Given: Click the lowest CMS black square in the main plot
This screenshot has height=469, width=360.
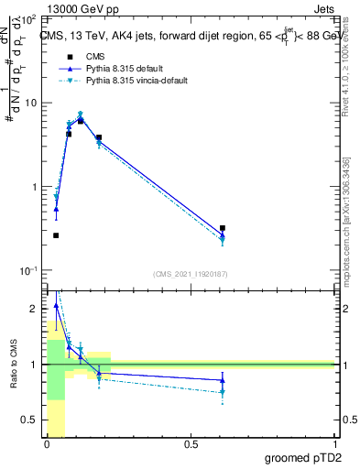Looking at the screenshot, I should pos(56,235).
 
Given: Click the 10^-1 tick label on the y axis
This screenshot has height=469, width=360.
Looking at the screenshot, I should pos(29,271).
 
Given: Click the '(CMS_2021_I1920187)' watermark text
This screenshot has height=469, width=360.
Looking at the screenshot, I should pos(191,274).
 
